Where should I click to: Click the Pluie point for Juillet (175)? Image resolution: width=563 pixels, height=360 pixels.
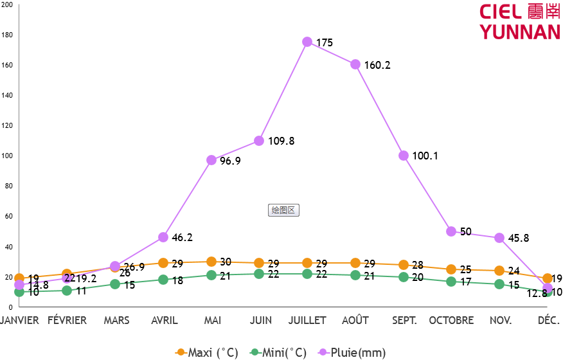307,42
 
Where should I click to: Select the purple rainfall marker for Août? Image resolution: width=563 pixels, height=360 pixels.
355,64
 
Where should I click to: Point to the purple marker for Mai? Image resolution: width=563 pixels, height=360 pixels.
211,160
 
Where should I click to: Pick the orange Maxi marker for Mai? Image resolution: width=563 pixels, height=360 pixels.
211,262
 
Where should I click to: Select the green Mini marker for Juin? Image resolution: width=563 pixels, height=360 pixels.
259,274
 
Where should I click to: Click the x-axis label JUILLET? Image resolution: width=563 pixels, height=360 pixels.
307,320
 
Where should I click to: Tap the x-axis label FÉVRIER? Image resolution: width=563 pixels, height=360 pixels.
67,320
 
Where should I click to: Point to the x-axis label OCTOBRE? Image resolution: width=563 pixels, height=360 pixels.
451,320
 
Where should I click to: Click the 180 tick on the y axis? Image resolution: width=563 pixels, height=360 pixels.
7,35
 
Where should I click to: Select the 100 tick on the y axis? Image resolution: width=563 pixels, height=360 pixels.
7,156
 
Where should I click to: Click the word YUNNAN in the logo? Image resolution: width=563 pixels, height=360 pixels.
520,32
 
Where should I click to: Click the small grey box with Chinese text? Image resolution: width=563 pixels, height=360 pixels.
283,210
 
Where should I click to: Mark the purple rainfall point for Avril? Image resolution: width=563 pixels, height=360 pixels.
163,237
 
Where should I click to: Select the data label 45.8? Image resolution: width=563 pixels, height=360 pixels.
518,238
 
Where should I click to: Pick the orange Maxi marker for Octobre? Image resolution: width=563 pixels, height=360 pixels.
451,269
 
